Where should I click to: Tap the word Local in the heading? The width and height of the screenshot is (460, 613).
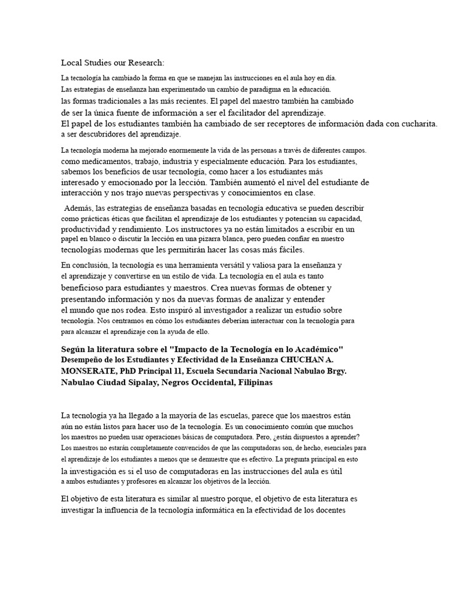[x=72, y=63]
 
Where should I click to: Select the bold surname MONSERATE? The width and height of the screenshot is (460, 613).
[x=89, y=371]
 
